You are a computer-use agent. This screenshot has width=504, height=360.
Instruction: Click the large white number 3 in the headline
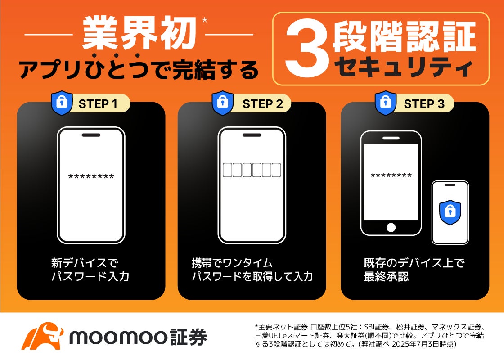307,48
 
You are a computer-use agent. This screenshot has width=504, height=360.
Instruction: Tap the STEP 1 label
98,104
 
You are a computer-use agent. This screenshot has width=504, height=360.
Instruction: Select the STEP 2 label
263,104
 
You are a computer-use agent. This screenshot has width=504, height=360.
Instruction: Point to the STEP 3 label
424,104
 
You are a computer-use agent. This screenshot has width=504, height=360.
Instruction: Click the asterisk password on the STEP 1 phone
91,176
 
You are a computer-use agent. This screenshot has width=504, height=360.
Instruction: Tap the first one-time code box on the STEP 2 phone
228,170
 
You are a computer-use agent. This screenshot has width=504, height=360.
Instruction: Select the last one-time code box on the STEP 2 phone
276,170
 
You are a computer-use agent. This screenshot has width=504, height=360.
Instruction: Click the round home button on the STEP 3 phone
391,228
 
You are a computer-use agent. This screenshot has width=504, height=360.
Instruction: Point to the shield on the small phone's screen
450,212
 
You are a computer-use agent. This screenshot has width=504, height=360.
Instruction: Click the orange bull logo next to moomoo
42,336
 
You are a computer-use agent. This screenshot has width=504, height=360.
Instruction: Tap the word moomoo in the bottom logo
118,337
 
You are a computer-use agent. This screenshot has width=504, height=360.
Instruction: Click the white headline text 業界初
139,33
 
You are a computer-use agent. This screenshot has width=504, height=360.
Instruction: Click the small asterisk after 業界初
204,20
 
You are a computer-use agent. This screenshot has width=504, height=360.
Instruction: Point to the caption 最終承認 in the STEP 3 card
386,276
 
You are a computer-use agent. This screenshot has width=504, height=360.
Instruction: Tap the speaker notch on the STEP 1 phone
91,135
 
